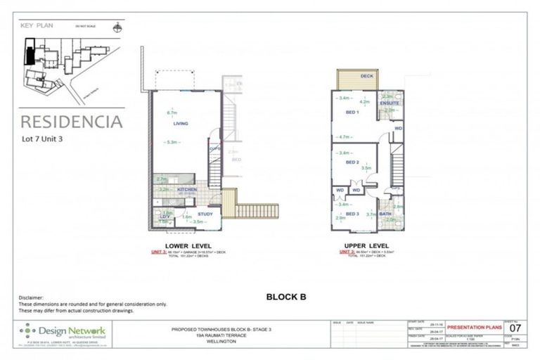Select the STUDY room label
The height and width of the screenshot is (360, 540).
[x=205, y=213]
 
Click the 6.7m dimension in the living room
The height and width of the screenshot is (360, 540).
[x=171, y=112]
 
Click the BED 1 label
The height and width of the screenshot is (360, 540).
[x=353, y=112]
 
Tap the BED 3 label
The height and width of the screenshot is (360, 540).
[x=352, y=214]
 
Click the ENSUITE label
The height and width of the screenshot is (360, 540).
[x=390, y=103]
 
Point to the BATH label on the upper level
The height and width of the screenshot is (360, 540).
[x=385, y=214]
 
